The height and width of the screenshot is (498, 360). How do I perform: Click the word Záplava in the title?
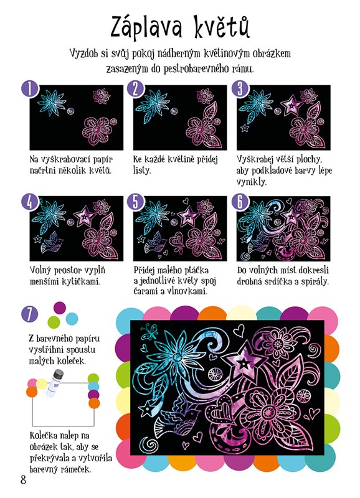pos(146,27)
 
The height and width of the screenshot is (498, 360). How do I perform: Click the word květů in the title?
pos(222,26)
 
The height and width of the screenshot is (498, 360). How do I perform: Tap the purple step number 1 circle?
pos(30,88)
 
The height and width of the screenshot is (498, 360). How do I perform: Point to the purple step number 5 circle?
pos(136,202)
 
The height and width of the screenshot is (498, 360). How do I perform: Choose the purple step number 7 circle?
pos(29,314)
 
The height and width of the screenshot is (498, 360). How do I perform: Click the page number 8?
pos(23,479)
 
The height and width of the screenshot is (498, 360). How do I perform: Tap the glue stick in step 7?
pos(54,383)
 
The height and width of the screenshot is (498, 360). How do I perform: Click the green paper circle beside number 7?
pos(54,322)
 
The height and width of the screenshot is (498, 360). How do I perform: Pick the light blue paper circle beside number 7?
pos(72,319)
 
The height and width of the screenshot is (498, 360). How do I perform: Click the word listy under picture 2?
pos(141,171)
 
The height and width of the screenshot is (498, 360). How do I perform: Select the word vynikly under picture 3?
pos(252,182)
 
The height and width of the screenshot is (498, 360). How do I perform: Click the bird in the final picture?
pos(176,416)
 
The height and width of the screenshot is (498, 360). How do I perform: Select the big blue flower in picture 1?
pos(52,102)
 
